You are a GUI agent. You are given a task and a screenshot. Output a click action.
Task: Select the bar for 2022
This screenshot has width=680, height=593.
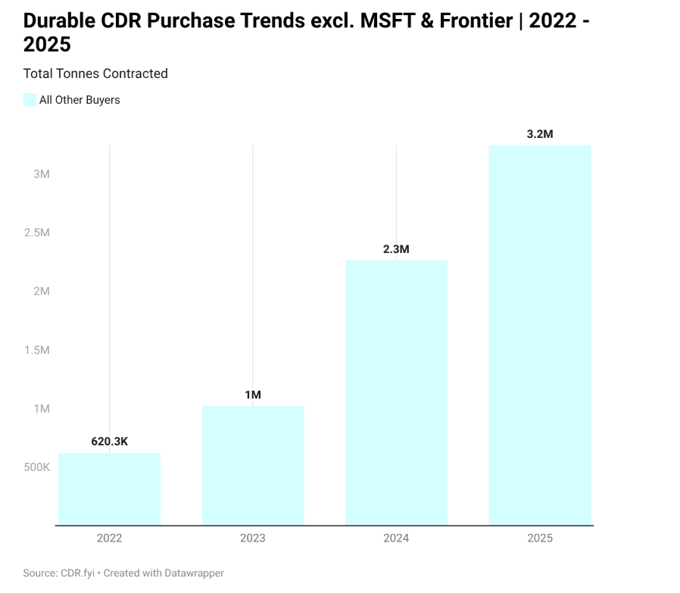pos(109,488)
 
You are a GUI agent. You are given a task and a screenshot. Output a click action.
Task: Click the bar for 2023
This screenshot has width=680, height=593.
pos(253,465)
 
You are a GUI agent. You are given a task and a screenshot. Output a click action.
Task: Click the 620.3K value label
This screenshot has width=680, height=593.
pos(109,442)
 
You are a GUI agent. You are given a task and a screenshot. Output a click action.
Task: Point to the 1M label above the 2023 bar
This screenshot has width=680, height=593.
pos(253,395)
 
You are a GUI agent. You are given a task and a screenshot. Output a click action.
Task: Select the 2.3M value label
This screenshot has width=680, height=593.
pos(396,249)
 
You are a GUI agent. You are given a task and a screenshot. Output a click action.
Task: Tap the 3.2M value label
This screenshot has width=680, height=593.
pos(540,134)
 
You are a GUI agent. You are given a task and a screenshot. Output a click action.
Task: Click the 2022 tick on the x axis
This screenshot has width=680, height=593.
pos(109,538)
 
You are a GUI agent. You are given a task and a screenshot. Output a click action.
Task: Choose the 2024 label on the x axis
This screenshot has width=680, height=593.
pos(396,538)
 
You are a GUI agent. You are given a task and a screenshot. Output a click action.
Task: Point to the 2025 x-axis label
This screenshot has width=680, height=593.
pos(540,538)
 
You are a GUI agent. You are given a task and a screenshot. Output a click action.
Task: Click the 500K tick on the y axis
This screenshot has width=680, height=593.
pos(36,467)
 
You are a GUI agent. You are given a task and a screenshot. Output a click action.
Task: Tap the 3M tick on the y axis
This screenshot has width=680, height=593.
pos(41,174)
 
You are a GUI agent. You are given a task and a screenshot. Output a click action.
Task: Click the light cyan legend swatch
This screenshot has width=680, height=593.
pos(30,100)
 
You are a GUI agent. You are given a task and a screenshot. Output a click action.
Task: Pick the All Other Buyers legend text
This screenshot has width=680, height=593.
pos(80,100)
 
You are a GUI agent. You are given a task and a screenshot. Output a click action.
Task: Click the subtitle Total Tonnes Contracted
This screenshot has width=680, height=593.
pos(95,73)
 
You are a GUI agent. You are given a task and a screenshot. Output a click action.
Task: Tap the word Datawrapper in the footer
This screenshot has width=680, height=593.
pos(193,573)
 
